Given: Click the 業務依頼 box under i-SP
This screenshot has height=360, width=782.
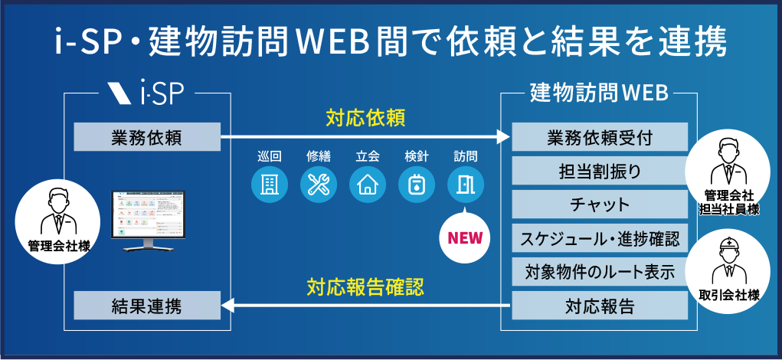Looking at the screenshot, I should pyautogui.click(x=146, y=139).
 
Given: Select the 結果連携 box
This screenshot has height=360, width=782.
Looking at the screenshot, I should pyautogui.click(x=146, y=307).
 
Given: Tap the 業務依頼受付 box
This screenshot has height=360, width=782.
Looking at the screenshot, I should pyautogui.click(x=600, y=139).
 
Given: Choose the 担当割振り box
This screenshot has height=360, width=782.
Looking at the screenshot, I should pyautogui.click(x=600, y=172).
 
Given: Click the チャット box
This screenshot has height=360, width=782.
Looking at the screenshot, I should pyautogui.click(x=600, y=205).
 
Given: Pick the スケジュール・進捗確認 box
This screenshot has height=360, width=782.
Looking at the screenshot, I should pyautogui.click(x=600, y=239).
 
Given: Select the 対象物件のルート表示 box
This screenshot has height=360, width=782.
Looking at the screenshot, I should pyautogui.click(x=600, y=273).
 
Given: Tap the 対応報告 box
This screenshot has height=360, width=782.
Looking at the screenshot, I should pyautogui.click(x=600, y=307).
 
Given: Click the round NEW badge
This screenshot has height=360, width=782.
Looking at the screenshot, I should pyautogui.click(x=465, y=237).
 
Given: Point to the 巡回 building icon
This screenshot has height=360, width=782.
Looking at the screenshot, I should pyautogui.click(x=270, y=185).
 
